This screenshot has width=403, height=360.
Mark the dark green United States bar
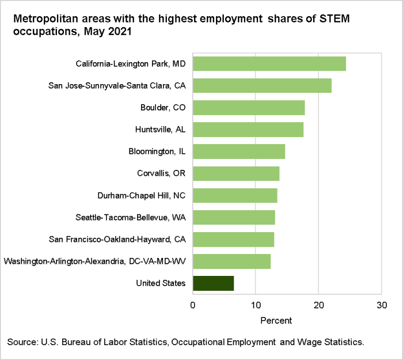pos(213,283)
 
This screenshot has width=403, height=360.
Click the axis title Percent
pos(276,320)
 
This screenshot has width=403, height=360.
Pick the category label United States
pos(161,283)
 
